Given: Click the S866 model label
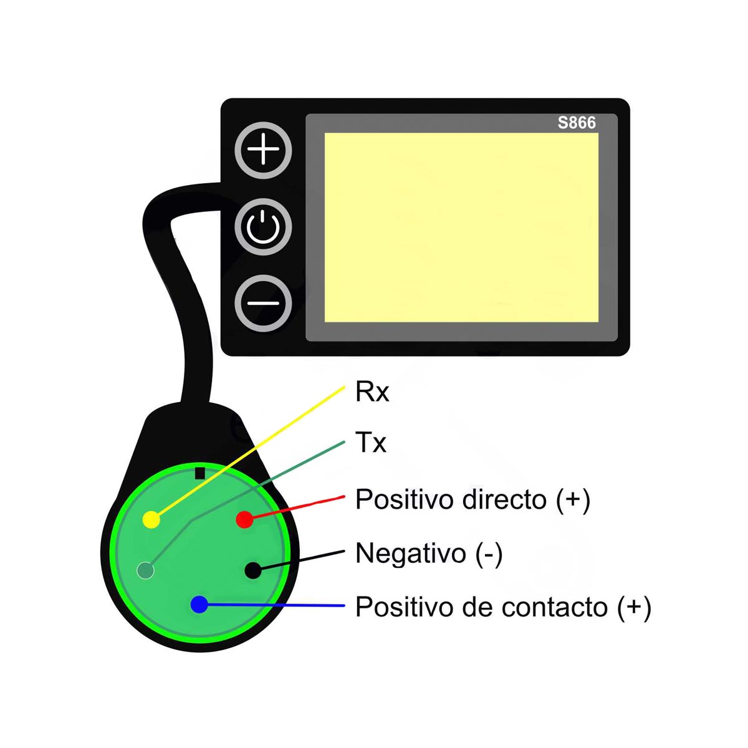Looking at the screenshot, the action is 577,123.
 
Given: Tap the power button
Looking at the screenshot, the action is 263,227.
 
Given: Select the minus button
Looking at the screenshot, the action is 263,304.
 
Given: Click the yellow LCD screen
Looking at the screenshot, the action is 461,228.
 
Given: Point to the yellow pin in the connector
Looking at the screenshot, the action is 151,520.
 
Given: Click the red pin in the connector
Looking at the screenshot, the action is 244,519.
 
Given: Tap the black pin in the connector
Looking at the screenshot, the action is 253,570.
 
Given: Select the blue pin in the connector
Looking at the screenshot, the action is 199,605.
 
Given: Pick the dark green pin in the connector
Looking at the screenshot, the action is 146,570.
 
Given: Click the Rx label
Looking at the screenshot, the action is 372,392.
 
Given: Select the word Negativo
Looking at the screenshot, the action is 411,553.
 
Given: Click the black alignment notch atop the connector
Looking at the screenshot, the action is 200,474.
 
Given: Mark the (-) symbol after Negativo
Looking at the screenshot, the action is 489,554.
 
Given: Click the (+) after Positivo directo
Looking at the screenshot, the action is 573,500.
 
